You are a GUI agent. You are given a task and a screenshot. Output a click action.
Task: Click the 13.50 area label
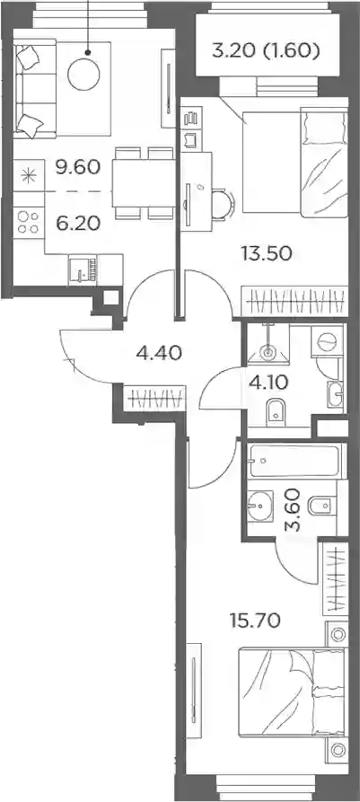point(267,252)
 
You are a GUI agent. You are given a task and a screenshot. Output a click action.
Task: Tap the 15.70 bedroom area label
point(255,621)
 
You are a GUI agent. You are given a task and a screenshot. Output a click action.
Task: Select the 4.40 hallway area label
point(159,353)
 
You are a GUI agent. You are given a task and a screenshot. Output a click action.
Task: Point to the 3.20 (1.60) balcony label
point(266,50)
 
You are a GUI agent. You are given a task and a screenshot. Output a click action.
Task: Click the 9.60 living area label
point(78,167)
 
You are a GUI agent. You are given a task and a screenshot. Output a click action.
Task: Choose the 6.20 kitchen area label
point(78,223)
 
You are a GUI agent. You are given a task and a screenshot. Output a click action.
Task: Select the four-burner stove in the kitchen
point(29,222)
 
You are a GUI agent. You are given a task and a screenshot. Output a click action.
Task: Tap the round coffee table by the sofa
point(83,75)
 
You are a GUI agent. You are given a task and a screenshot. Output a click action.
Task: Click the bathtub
point(294,461)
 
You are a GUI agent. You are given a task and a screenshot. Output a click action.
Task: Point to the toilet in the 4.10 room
point(275,410)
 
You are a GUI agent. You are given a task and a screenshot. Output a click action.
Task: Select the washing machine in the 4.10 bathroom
point(328,339)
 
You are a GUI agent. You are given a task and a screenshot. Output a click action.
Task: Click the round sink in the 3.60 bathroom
point(259,506)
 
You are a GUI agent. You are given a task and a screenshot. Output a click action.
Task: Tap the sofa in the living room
point(34,91)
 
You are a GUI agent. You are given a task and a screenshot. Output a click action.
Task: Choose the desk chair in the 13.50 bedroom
point(224,204)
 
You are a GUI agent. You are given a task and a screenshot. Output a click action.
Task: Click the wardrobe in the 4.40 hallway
point(154,398)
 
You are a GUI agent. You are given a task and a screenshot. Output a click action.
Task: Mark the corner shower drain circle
point(268,352)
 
